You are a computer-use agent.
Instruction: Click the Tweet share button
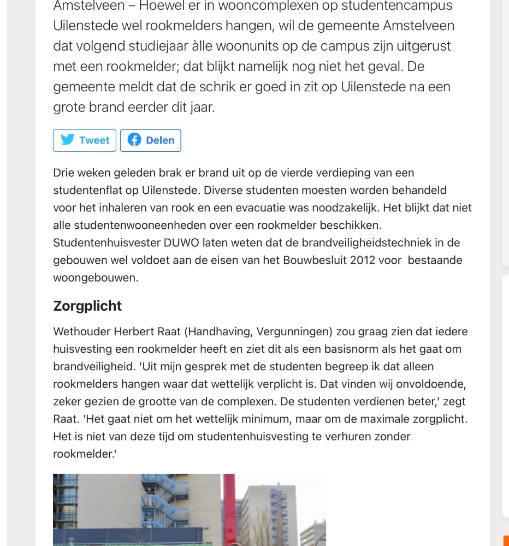85,140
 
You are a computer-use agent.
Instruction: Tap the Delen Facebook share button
151,140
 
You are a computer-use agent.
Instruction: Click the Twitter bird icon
68,140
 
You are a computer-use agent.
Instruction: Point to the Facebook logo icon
134,140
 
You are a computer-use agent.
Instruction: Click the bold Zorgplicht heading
87,306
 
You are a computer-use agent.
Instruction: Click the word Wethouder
81,331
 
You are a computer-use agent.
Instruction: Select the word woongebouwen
96,277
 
